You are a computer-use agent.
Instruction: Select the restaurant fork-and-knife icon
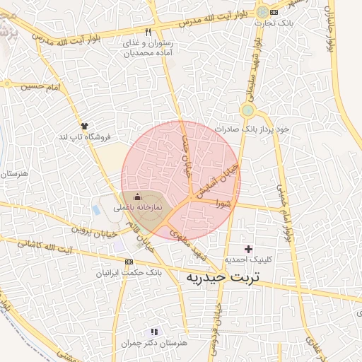click(x=148, y=32)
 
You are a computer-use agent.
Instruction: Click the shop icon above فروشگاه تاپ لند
click(x=85, y=125)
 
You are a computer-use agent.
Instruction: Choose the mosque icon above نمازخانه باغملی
click(x=137, y=196)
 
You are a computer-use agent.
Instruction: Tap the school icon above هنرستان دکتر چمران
click(x=154, y=331)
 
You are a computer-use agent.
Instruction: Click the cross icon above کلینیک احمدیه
click(x=247, y=249)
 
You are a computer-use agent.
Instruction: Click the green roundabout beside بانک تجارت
click(x=263, y=12)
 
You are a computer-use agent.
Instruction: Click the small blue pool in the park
click(x=96, y=210)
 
